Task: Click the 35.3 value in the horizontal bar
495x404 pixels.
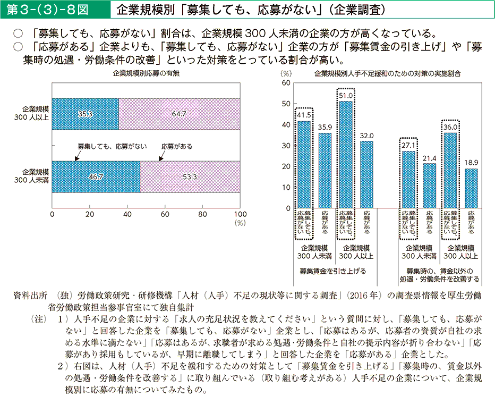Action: [86, 114]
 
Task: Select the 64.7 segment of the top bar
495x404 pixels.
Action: [179, 114]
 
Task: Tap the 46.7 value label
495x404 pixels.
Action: [96, 176]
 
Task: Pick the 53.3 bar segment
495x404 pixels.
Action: [190, 176]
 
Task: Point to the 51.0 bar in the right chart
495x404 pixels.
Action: [346, 154]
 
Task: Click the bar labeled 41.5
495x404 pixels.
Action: [304, 164]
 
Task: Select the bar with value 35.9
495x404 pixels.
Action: [325, 170]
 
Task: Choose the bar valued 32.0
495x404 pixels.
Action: [367, 174]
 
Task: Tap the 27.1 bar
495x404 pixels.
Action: [408, 179]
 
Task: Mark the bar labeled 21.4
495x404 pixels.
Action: [429, 186]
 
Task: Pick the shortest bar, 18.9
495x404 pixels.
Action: [472, 188]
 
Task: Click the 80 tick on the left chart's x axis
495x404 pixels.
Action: [202, 214]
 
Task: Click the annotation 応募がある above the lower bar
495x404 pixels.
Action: [176, 146]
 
